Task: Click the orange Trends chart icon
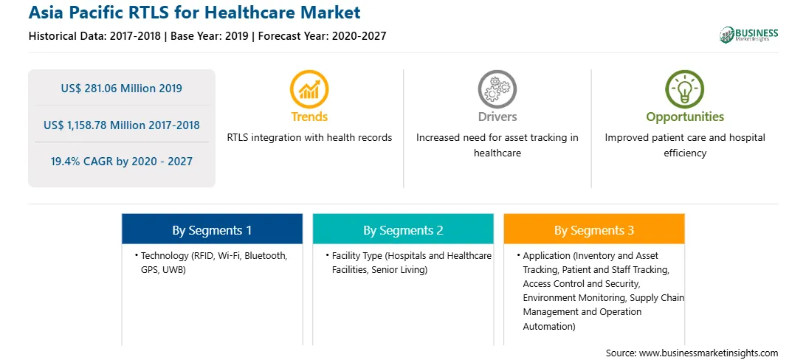(309, 89)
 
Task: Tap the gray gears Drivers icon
(497, 89)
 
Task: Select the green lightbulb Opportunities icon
(685, 89)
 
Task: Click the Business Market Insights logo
(749, 35)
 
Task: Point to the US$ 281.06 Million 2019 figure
(121, 89)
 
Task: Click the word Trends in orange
(309, 117)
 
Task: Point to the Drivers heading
(497, 117)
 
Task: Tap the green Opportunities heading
(685, 117)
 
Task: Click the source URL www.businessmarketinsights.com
(709, 353)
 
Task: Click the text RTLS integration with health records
(309, 138)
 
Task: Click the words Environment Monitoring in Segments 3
(574, 298)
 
